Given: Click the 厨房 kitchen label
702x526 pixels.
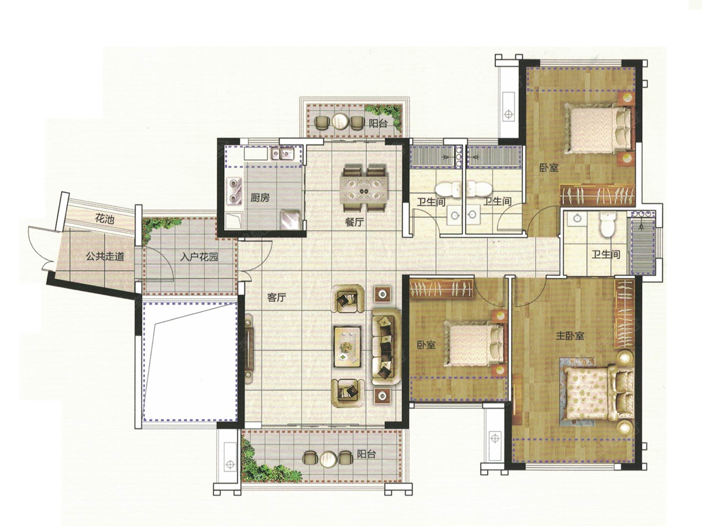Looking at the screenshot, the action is pyautogui.click(x=259, y=198).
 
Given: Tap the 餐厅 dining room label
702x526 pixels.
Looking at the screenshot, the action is pyautogui.click(x=355, y=222).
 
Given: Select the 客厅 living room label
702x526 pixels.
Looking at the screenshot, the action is pyautogui.click(x=277, y=297).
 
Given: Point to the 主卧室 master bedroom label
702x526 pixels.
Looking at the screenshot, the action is pyautogui.click(x=570, y=335).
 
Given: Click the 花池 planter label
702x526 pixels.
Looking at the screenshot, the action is pyautogui.click(x=105, y=219).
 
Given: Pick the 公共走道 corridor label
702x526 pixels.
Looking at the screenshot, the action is pyautogui.click(x=105, y=256).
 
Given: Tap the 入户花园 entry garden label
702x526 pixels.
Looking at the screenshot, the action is pyautogui.click(x=199, y=257).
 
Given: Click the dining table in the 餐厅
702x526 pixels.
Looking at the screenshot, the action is pyautogui.click(x=364, y=188).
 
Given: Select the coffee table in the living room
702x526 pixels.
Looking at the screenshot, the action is pyautogui.click(x=347, y=347).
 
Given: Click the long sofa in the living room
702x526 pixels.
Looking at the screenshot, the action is pyautogui.click(x=386, y=347).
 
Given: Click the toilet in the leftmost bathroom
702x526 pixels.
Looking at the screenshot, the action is pyautogui.click(x=448, y=189).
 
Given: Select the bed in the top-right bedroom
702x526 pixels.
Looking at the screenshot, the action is pyautogui.click(x=598, y=129).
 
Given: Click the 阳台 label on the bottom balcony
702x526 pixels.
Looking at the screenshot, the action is pyautogui.click(x=366, y=454).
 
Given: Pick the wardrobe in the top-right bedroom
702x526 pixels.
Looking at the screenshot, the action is pyautogui.click(x=597, y=195).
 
